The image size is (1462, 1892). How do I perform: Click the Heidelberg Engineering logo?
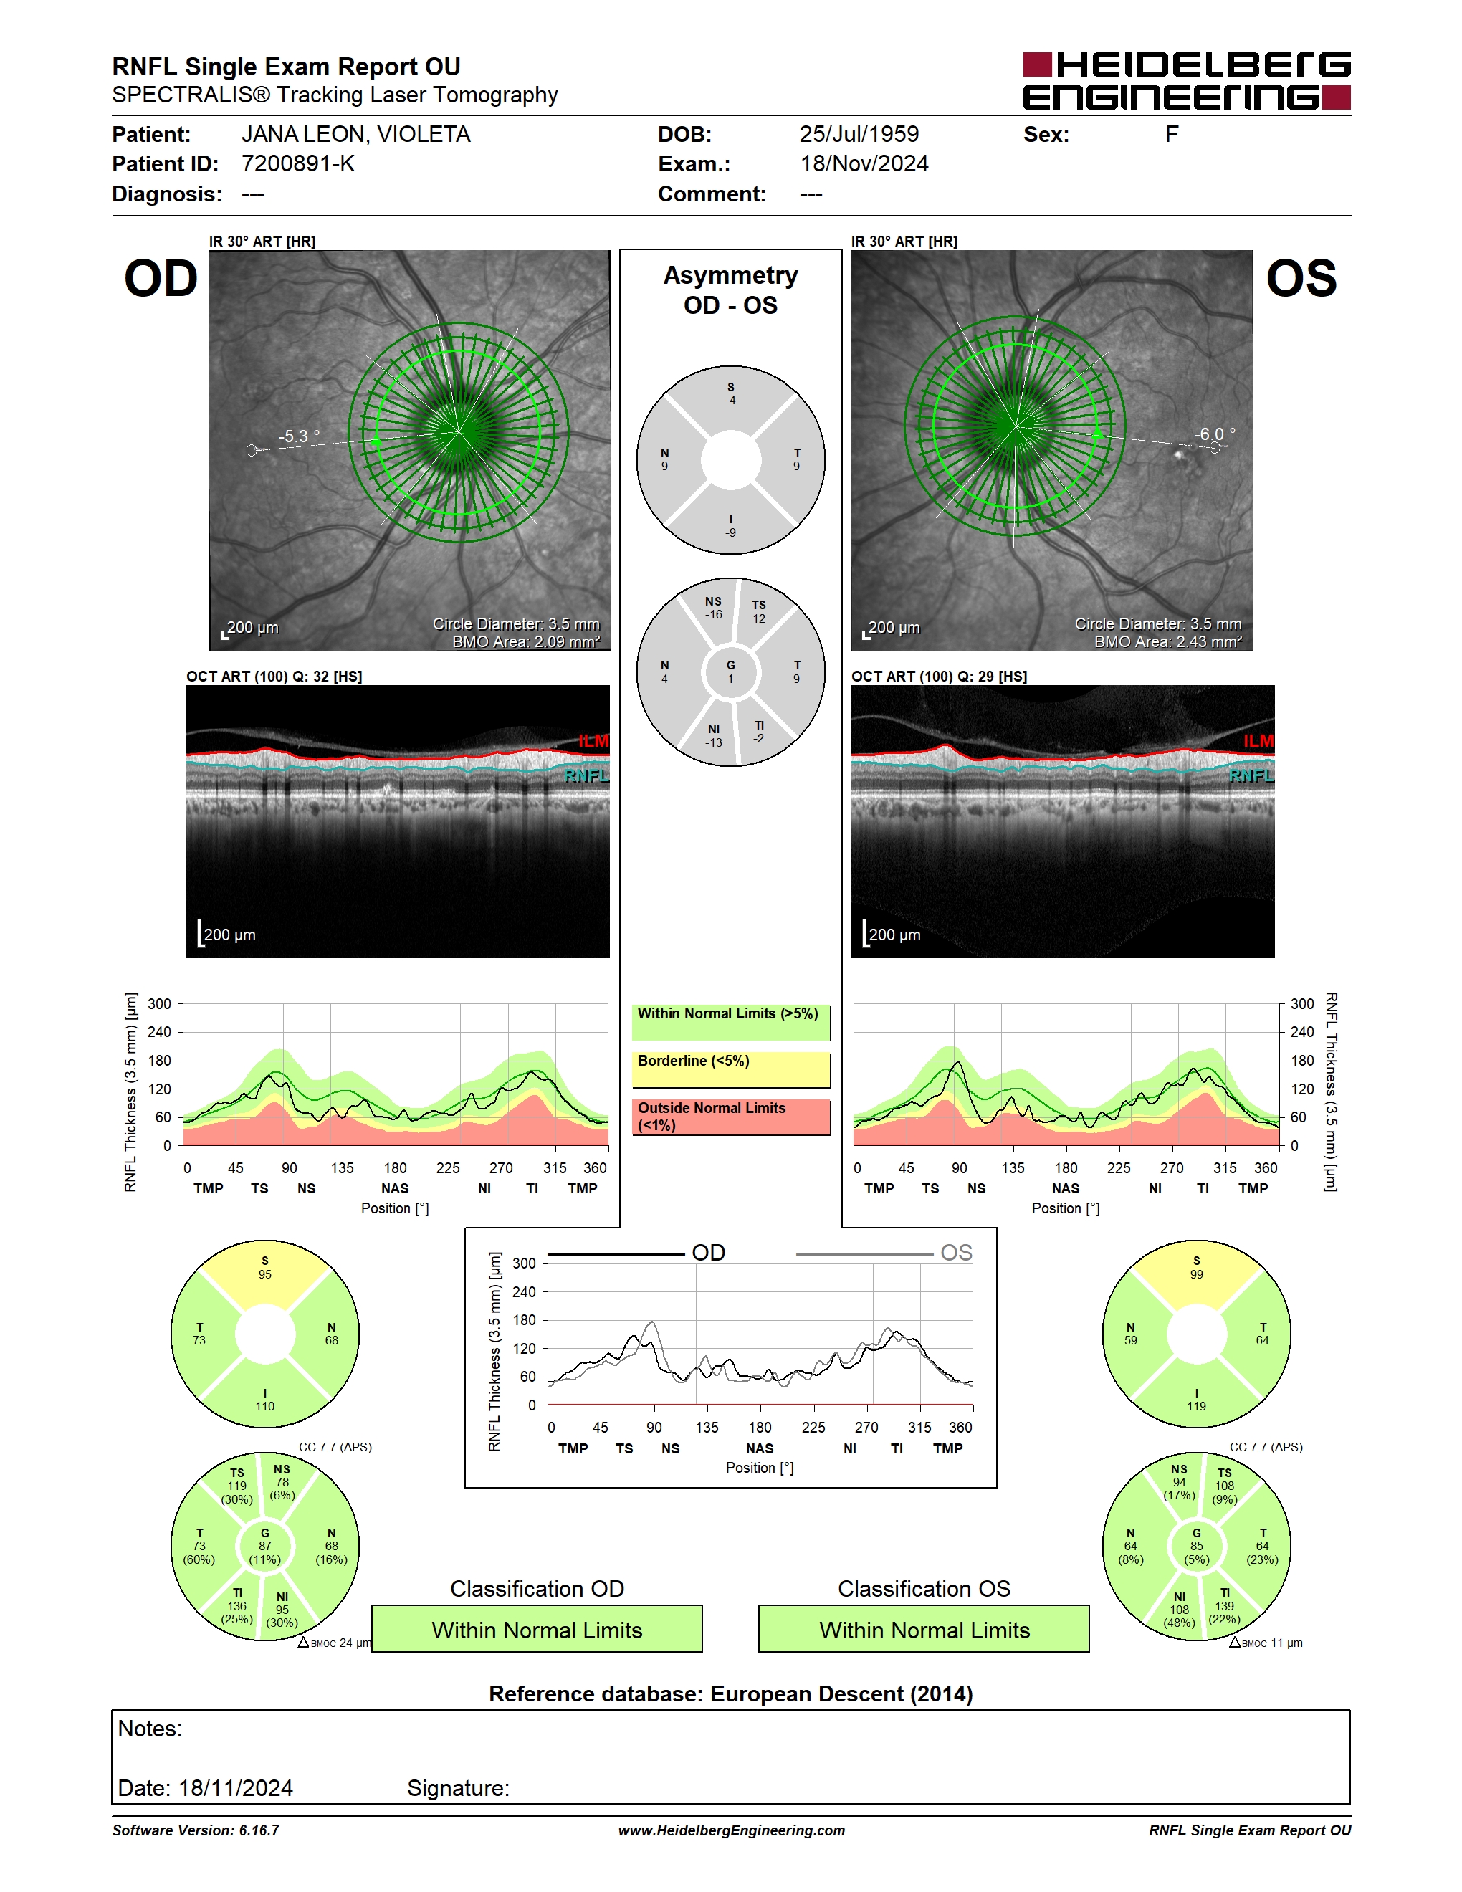[x=1187, y=80]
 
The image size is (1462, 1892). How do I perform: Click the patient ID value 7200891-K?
[x=298, y=163]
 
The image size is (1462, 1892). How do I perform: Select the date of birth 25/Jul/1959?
[x=859, y=134]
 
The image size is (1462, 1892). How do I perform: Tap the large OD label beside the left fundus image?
[x=161, y=278]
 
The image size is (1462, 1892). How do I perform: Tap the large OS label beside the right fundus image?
[x=1301, y=278]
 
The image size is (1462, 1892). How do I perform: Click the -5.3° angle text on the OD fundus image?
[x=299, y=436]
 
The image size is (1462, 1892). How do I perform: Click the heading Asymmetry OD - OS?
[x=731, y=290]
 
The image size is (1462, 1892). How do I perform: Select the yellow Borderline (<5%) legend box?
[x=731, y=1070]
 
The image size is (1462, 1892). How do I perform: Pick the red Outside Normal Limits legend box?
[x=731, y=1117]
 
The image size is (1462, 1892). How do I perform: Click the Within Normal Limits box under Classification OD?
[x=537, y=1630]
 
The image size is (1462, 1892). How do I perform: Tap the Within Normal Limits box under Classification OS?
[x=924, y=1630]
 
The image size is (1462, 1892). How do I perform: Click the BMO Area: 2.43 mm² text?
[x=1167, y=642]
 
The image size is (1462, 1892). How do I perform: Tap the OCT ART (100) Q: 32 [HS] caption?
[x=274, y=676]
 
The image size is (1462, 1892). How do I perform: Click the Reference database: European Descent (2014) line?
[x=731, y=1693]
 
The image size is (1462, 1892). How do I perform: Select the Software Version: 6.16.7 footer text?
[x=196, y=1830]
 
